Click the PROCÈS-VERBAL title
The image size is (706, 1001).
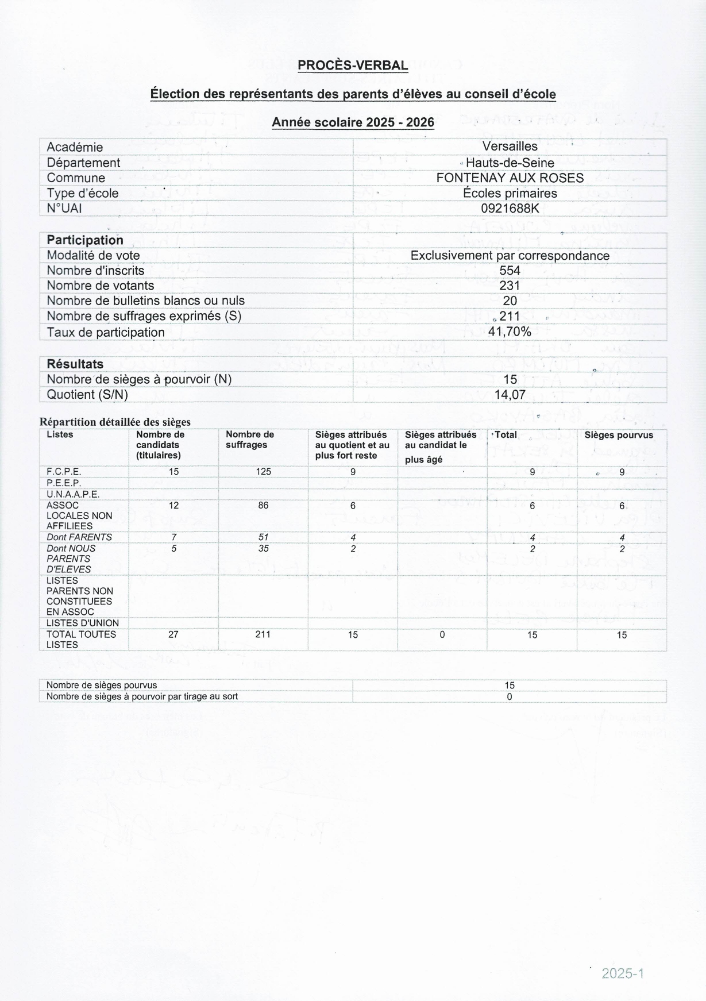[x=353, y=66]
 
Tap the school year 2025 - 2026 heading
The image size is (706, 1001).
[x=353, y=122]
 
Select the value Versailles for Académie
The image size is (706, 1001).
[x=510, y=147]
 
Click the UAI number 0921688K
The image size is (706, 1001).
[x=510, y=208]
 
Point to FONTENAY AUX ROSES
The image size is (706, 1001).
[x=510, y=178]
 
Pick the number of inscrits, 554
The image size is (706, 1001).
[x=510, y=270]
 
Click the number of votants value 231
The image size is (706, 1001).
[x=510, y=286]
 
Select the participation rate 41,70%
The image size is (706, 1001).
[x=510, y=332]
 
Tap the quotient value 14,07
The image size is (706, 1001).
[x=510, y=395]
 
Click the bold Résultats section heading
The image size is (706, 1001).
[x=75, y=364]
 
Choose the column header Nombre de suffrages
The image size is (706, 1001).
[x=250, y=440]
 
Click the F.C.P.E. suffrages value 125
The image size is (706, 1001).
[x=263, y=472]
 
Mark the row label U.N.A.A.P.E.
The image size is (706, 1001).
[x=73, y=494]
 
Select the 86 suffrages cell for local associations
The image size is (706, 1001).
[x=263, y=506]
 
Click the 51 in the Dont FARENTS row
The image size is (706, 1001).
[x=263, y=537]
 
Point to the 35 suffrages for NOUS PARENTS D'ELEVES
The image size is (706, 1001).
[x=263, y=549]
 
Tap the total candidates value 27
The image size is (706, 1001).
[x=173, y=634]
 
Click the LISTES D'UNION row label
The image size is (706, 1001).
[x=83, y=623]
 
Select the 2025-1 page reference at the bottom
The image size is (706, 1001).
[x=623, y=973]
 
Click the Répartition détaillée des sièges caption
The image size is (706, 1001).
[x=115, y=422]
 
